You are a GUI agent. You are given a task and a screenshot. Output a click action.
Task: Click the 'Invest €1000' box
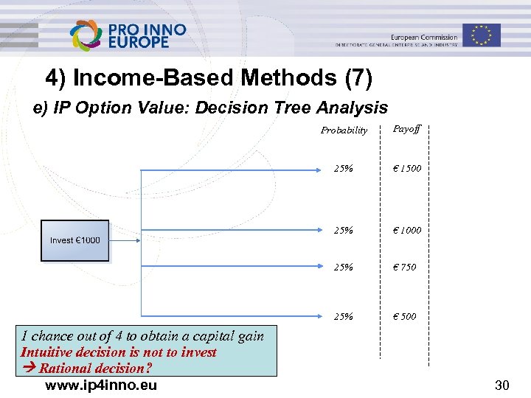tap(74, 240)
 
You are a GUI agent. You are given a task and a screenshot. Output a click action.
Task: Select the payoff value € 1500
tap(406, 169)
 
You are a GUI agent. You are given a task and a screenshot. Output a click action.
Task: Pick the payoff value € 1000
tap(406, 230)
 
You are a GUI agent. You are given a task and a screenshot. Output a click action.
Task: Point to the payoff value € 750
tap(404, 267)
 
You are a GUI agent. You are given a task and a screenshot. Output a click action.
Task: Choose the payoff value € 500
tap(404, 316)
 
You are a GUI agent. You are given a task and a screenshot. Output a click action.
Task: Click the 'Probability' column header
tap(344, 130)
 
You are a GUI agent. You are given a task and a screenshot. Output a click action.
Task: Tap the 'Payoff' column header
tap(406, 129)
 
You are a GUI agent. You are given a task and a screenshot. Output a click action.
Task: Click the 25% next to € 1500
tap(343, 169)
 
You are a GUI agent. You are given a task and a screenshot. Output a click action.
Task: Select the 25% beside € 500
tap(343, 316)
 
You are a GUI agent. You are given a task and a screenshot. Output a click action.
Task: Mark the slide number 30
tap(502, 385)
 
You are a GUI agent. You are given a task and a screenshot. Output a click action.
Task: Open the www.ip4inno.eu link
tap(100, 385)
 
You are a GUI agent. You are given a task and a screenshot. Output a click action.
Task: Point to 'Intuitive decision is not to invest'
tap(119, 352)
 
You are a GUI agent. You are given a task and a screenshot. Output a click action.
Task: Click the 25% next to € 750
tap(343, 267)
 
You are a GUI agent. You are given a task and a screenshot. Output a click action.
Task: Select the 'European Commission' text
tap(424, 36)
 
